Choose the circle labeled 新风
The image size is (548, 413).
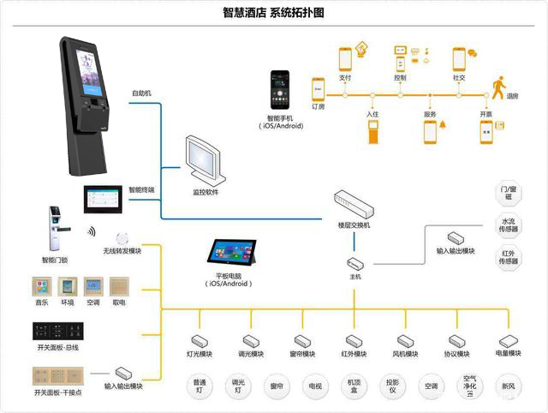(509, 386)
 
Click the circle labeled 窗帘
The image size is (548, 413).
(276, 386)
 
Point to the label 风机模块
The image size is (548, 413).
(405, 354)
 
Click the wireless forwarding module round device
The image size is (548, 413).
(122, 236)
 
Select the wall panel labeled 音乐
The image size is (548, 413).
(42, 286)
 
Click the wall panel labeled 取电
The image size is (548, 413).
(119, 286)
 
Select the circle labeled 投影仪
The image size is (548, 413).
(392, 386)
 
